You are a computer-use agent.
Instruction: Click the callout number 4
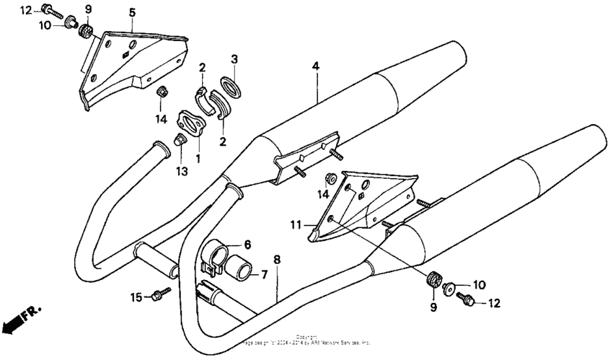pos(315,66)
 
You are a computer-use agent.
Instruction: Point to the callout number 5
pos(132,13)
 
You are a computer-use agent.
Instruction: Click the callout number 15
pos(135,297)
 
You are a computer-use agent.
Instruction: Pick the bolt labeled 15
pos(159,294)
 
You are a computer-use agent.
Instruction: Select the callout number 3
pos(234,58)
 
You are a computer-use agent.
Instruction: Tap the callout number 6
pos(247,245)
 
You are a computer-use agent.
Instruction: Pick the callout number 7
pos(264,274)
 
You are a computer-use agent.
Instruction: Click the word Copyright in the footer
pos(306,336)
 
